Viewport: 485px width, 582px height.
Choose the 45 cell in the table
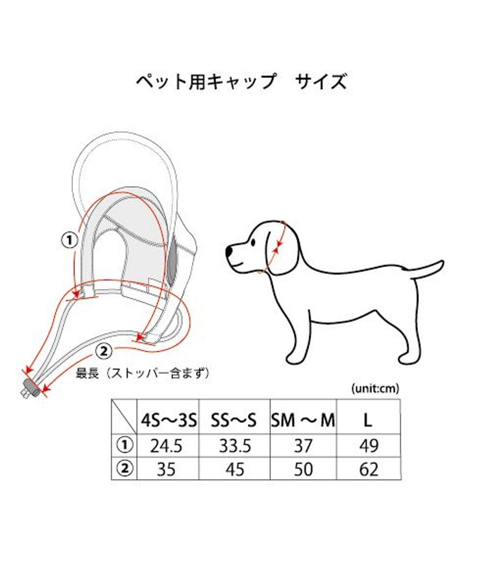(x=235, y=469)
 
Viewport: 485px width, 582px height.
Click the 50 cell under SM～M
(x=303, y=469)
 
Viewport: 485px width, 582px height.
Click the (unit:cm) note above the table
(x=374, y=388)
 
